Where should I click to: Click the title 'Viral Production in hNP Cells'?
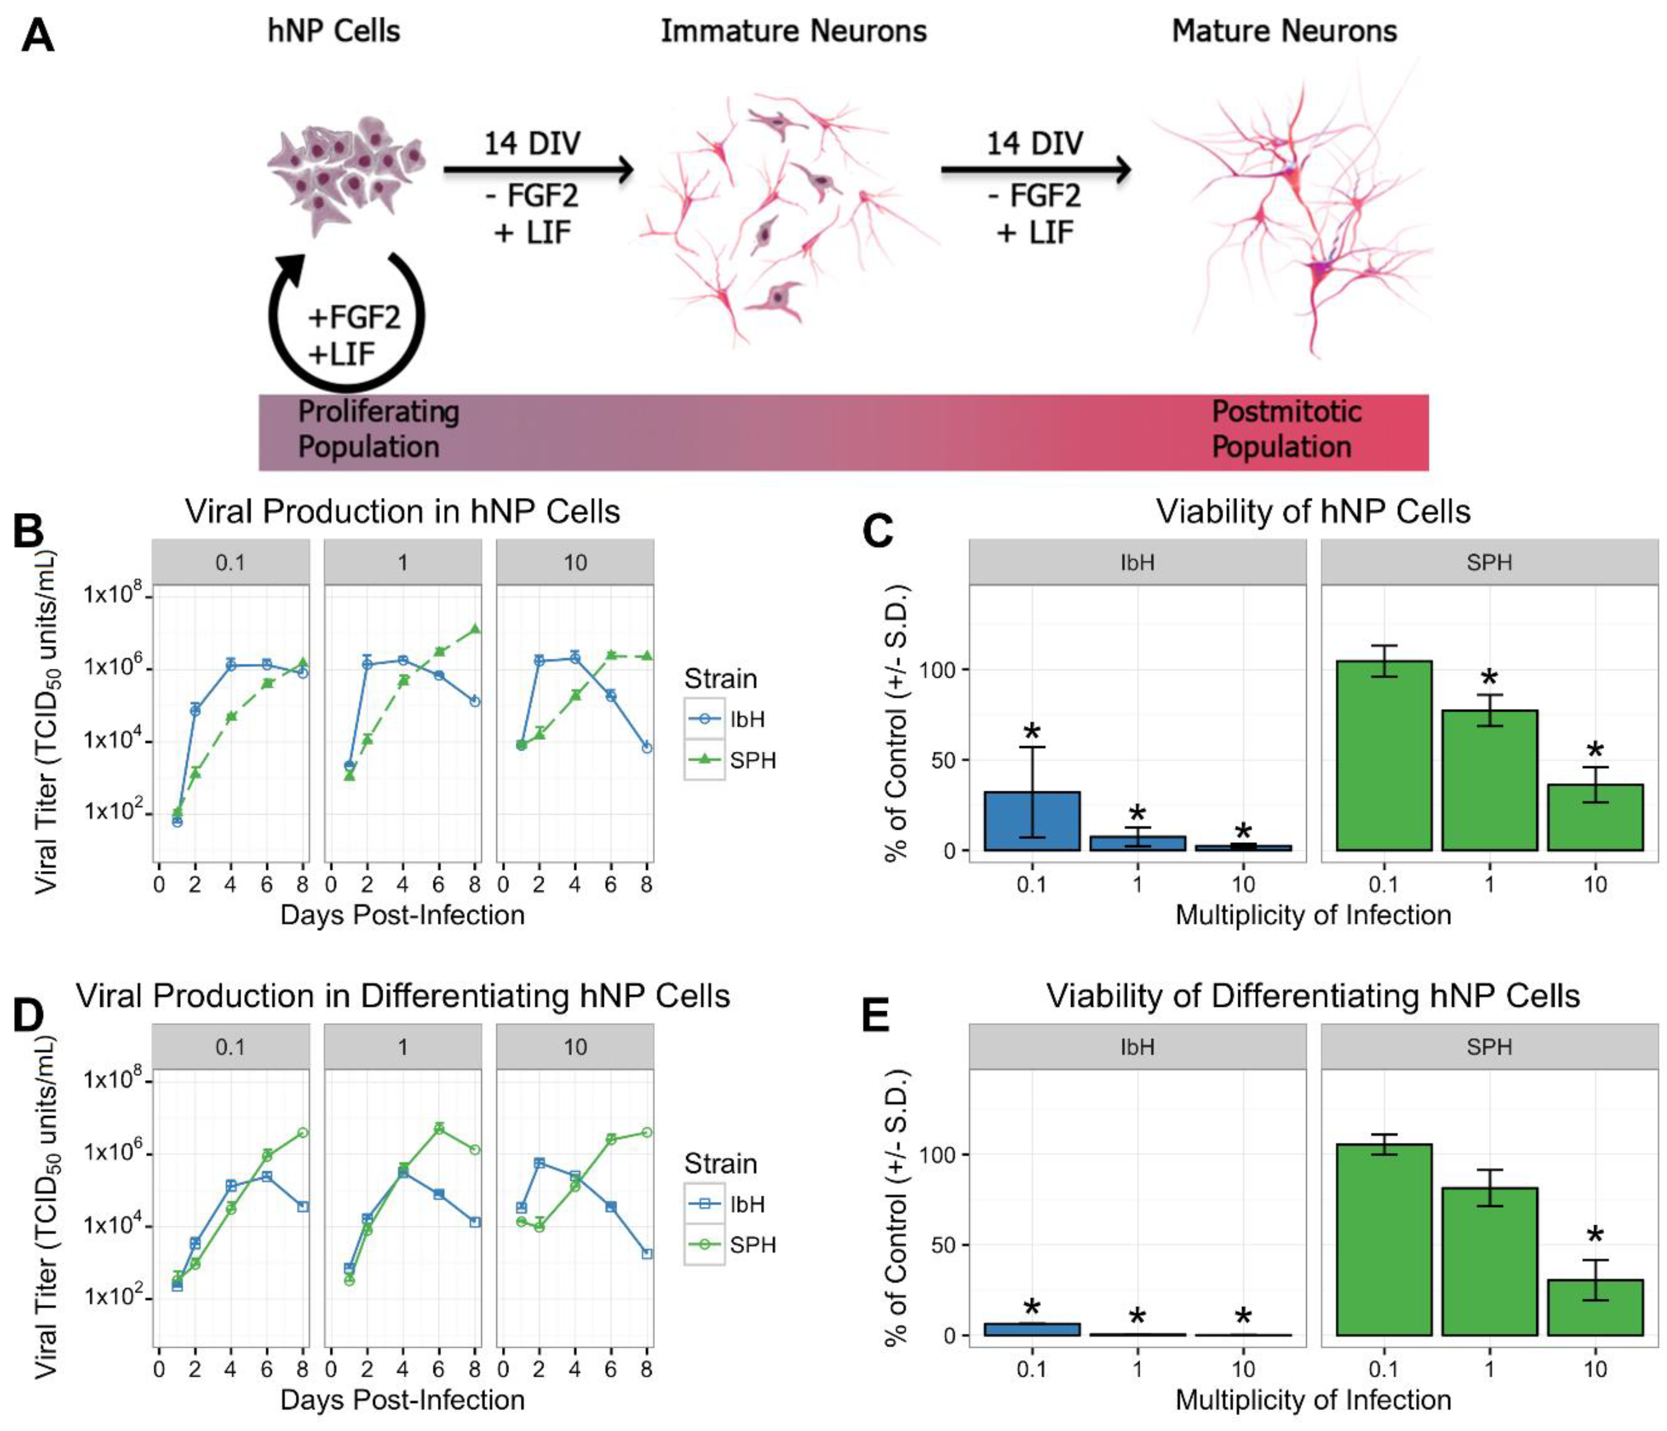tap(402, 511)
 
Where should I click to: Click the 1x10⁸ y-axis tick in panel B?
tap(113, 596)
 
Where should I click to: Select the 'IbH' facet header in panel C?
tap(1137, 561)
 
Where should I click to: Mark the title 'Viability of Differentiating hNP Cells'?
tap(1313, 997)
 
